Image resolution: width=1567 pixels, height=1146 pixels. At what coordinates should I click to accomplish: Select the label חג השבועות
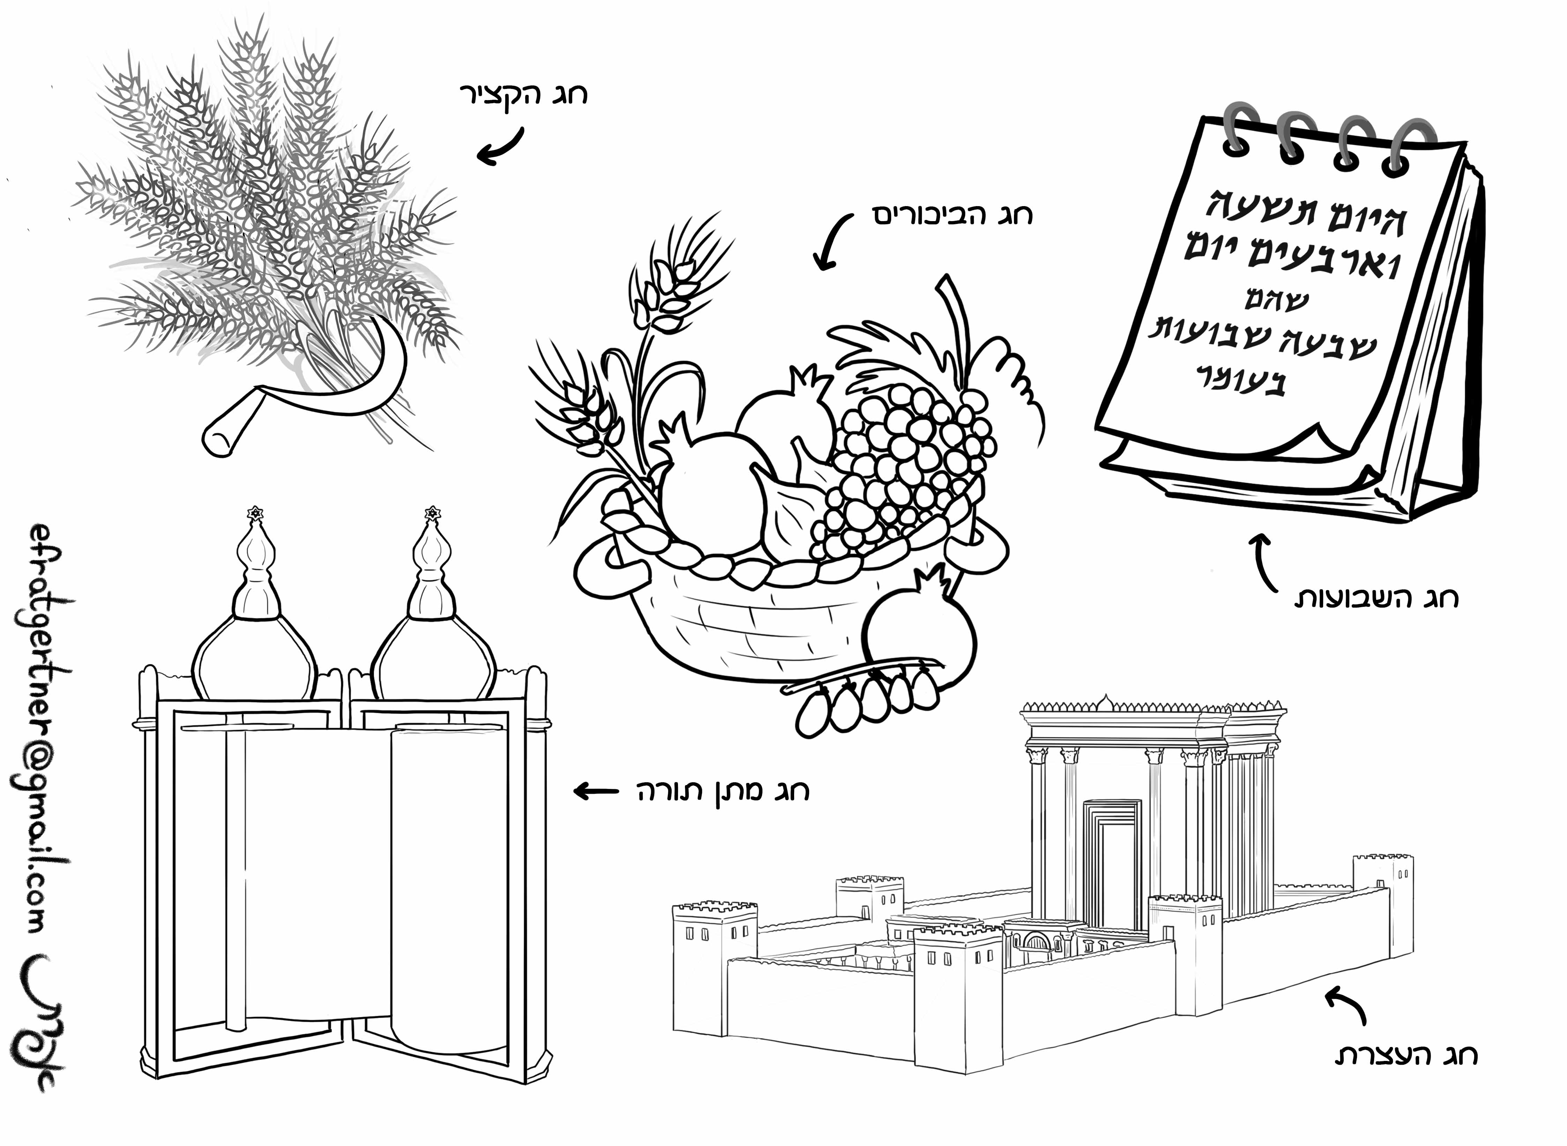point(1378,598)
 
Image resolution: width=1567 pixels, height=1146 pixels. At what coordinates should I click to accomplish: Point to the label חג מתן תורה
point(723,791)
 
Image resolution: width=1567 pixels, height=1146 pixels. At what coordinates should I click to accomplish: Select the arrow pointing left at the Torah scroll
point(596,791)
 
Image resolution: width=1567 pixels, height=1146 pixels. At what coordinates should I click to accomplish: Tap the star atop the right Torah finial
point(433,513)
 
